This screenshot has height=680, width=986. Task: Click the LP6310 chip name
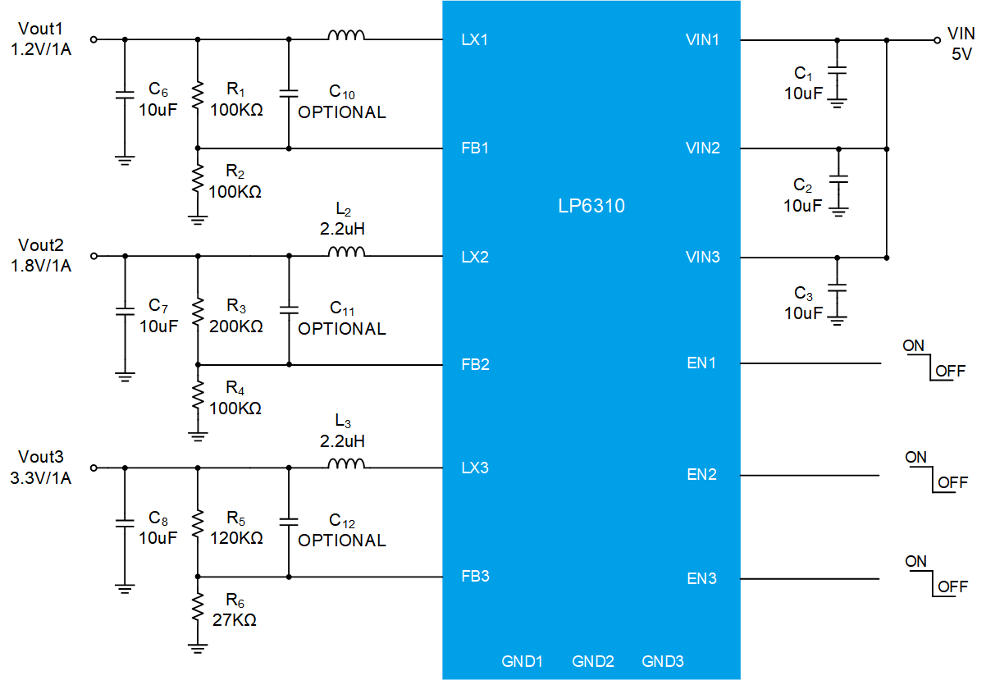click(591, 206)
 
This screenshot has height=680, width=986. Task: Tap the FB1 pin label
click(475, 148)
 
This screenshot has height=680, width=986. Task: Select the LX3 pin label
click(475, 468)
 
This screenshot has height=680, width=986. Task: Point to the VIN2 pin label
click(702, 148)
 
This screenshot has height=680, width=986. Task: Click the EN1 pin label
click(701, 363)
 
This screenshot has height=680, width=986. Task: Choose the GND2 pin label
click(592, 661)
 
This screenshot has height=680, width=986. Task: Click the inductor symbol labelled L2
click(346, 251)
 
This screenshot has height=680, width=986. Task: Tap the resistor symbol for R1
click(198, 94)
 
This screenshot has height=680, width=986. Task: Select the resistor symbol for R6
click(198, 606)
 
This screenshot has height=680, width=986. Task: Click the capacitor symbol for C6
click(125, 94)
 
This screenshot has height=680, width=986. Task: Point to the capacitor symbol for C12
click(289, 522)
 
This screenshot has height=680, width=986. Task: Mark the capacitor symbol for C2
click(838, 179)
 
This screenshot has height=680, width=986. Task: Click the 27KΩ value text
click(234, 619)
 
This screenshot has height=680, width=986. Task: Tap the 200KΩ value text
click(236, 326)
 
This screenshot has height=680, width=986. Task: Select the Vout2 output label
click(40, 245)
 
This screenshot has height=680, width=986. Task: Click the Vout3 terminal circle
click(94, 468)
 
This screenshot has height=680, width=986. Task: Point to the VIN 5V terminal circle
click(937, 40)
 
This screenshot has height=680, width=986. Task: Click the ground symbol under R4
click(198, 436)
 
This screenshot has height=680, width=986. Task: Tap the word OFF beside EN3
click(952, 586)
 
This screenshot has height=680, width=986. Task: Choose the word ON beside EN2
click(915, 457)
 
